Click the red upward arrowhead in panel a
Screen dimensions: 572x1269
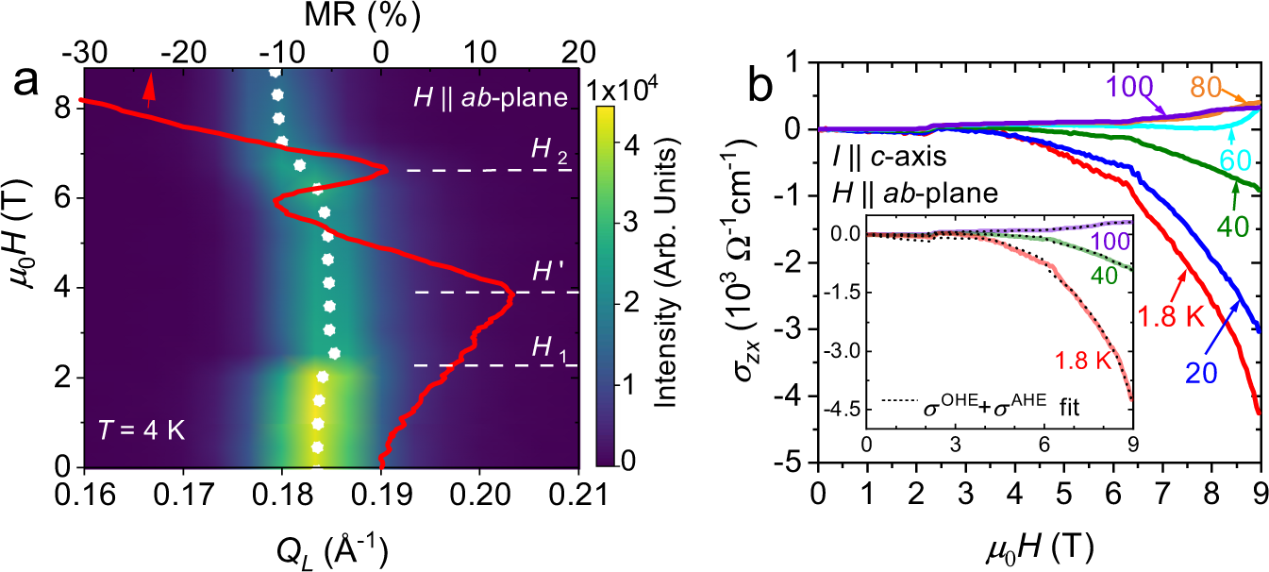coord(147,86)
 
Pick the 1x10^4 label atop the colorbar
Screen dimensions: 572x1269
coord(630,91)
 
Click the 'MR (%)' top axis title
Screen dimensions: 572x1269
coord(331,14)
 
